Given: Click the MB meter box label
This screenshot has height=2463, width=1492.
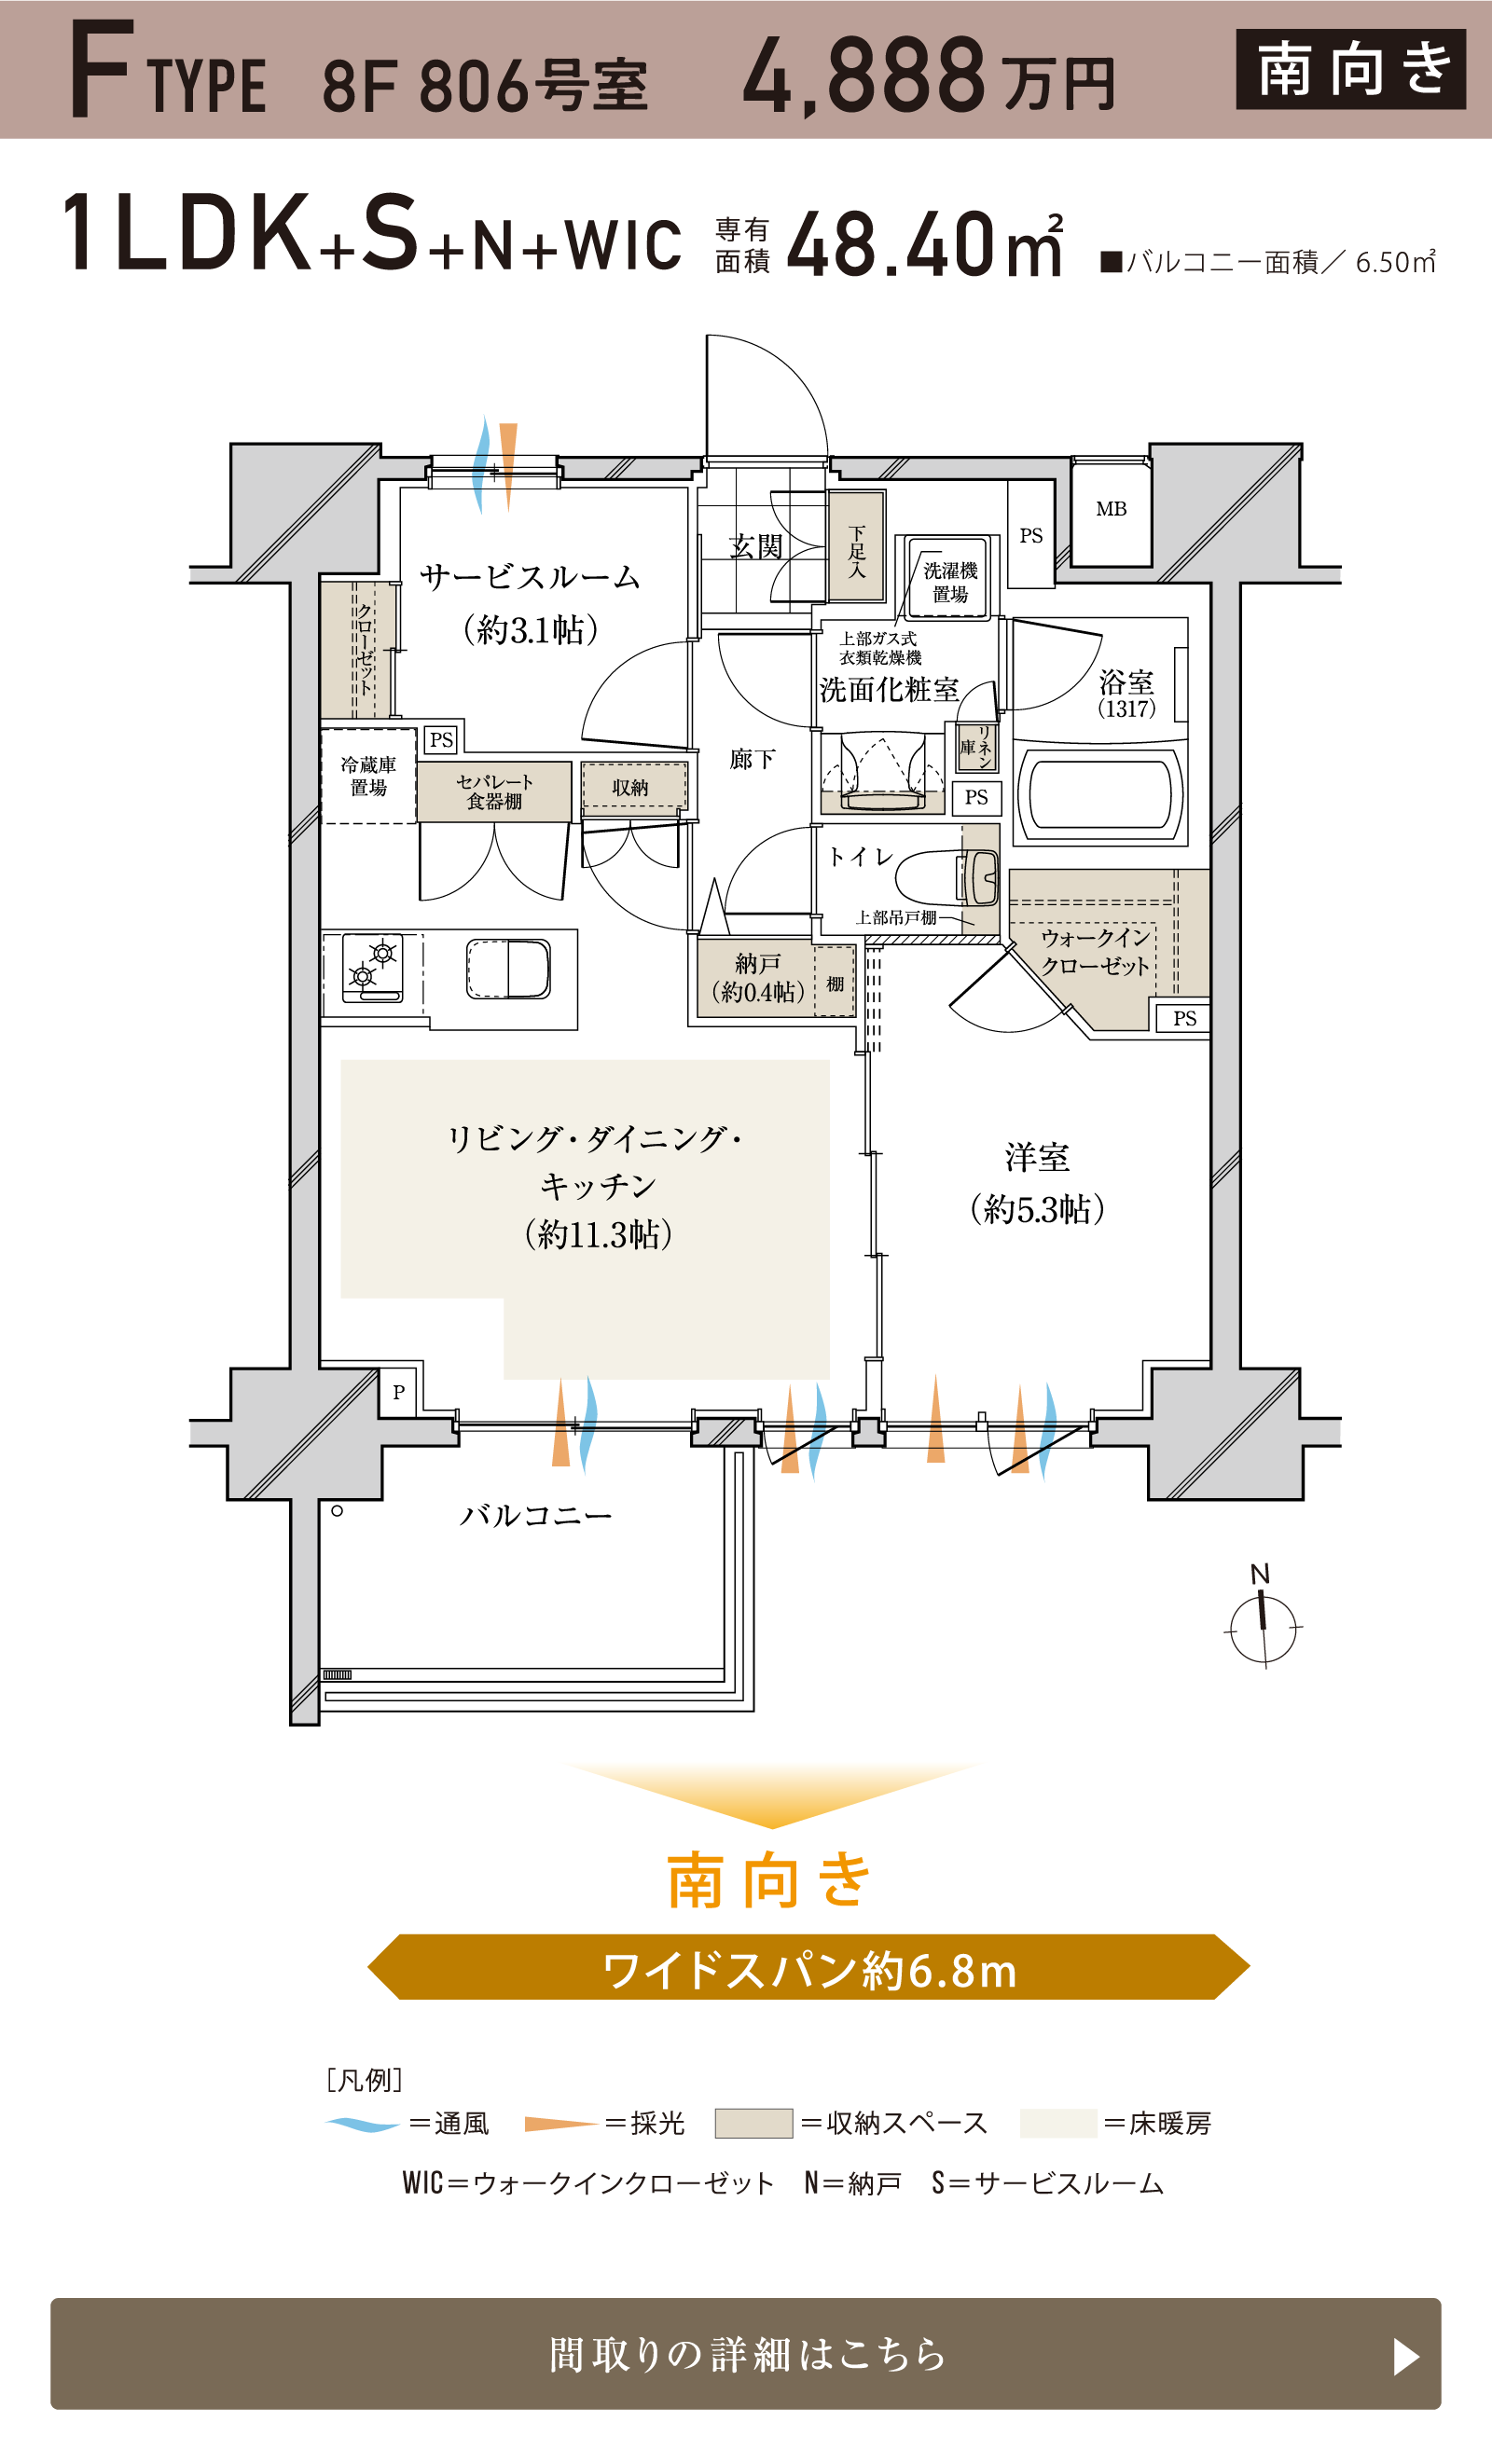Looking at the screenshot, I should [1110, 510].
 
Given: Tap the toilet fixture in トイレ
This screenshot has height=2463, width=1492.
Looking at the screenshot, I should [949, 877].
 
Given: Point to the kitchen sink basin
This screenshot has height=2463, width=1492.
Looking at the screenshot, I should [508, 969].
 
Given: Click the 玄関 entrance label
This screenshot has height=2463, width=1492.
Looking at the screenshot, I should [756, 547].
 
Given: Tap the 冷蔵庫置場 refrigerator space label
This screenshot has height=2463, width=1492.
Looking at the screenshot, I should [368, 776].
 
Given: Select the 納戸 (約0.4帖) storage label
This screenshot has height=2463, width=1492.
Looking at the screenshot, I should [757, 978].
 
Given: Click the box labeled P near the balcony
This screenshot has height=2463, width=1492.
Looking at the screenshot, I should [398, 1392].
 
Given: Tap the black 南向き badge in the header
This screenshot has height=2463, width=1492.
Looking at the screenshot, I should [1350, 69].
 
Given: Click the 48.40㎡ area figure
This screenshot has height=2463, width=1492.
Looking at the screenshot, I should [924, 245].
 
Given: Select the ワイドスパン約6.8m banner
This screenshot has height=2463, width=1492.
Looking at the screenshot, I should [808, 1968].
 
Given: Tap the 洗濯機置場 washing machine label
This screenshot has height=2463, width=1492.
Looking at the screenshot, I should [949, 582].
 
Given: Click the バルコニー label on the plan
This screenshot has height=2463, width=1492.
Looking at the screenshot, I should [535, 1517].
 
